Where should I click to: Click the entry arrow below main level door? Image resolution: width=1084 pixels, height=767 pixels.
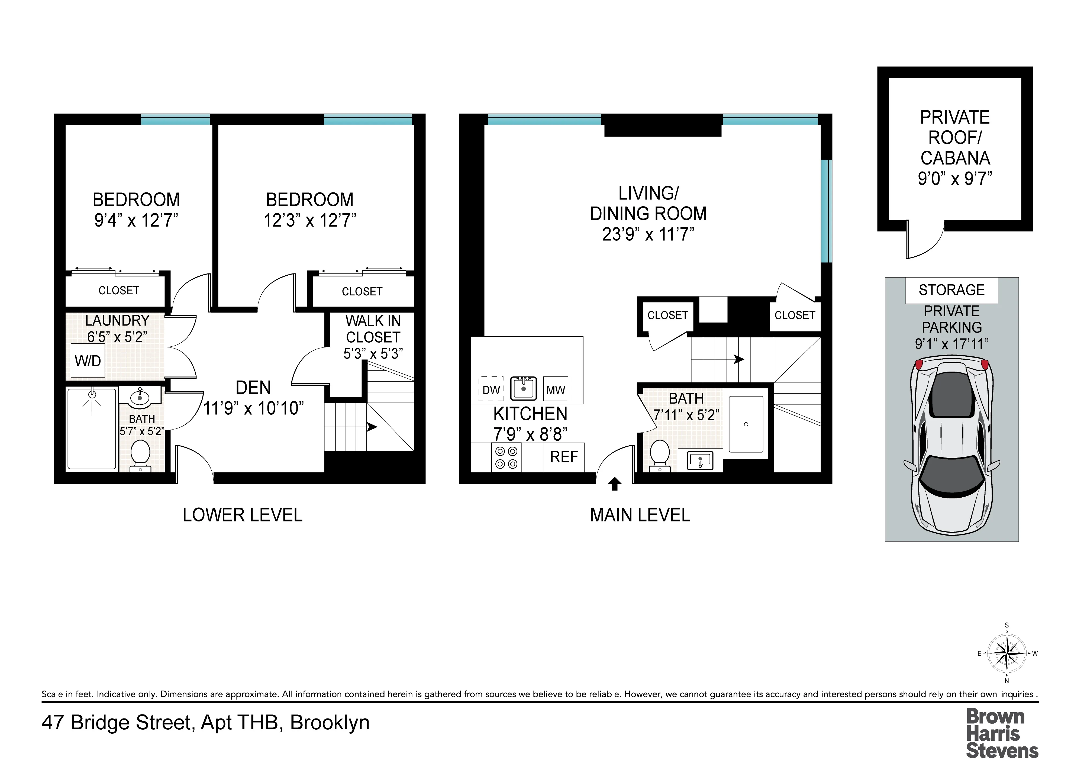[614, 484]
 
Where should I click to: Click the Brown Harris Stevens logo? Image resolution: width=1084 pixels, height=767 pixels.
[1002, 733]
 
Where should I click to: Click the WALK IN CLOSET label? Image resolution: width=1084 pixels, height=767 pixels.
[373, 329]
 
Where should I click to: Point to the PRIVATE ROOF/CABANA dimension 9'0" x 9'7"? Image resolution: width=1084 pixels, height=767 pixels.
[955, 179]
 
